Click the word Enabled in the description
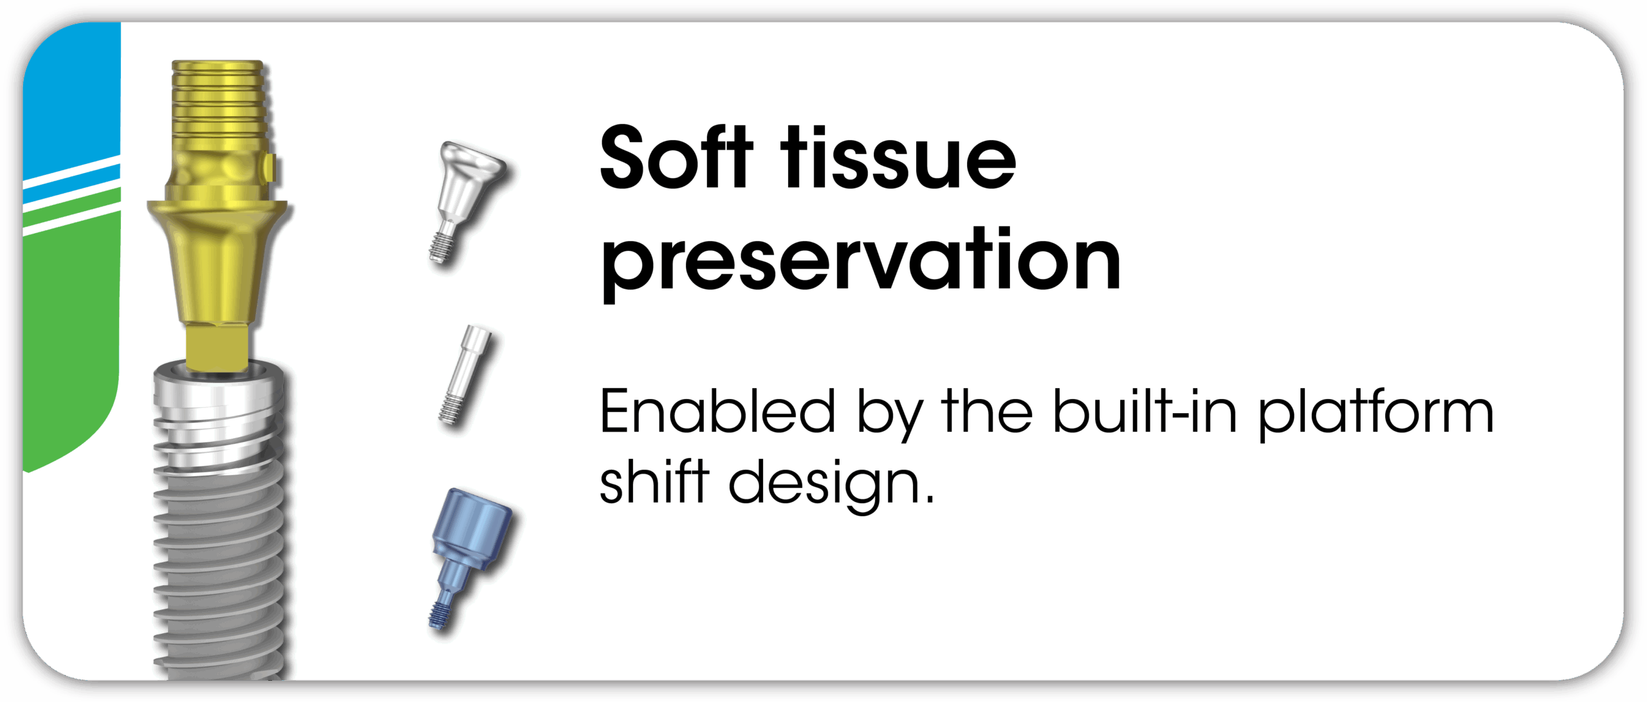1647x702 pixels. pyautogui.click(x=717, y=412)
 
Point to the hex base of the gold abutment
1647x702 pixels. pyautogui.click(x=217, y=348)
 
